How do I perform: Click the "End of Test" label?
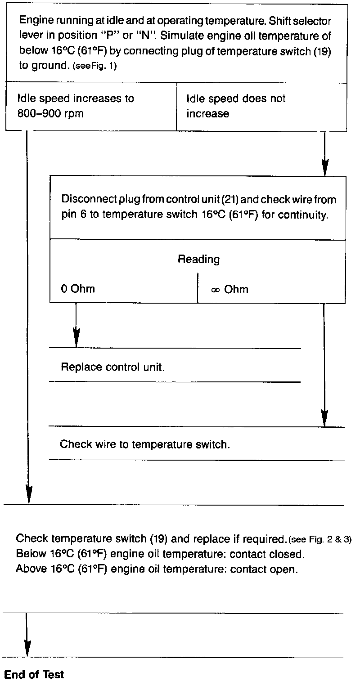[x=34, y=674]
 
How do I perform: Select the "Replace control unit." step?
[x=112, y=367]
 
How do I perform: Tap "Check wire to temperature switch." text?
[x=145, y=444]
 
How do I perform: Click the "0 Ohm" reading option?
[x=78, y=289]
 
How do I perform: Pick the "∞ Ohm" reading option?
[x=229, y=289]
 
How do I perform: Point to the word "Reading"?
[x=198, y=259]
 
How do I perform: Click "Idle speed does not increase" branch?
[x=236, y=106]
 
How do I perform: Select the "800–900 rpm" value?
[x=50, y=113]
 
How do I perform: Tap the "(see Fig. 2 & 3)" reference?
[x=319, y=539]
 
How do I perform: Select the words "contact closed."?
[x=267, y=554]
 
